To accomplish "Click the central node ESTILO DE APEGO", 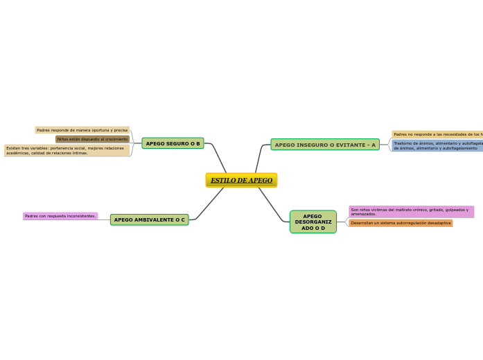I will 241,180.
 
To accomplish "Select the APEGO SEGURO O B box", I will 173,143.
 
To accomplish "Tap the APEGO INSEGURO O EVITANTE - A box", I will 325,145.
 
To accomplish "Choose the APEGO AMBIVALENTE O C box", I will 149,219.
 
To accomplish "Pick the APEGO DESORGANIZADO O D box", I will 313,222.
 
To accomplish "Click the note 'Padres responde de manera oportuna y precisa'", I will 82,130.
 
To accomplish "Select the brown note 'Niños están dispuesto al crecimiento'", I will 92,139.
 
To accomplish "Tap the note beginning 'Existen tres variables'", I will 67,150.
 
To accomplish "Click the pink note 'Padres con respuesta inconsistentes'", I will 60,216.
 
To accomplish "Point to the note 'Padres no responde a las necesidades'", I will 437,134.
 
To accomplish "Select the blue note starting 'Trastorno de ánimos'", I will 437,145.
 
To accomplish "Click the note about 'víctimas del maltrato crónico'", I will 411,212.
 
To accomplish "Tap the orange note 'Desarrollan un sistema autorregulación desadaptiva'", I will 401,223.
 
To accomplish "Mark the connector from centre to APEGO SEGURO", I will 218,156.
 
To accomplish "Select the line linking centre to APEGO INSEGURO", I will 258,159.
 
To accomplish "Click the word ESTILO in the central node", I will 222,181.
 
